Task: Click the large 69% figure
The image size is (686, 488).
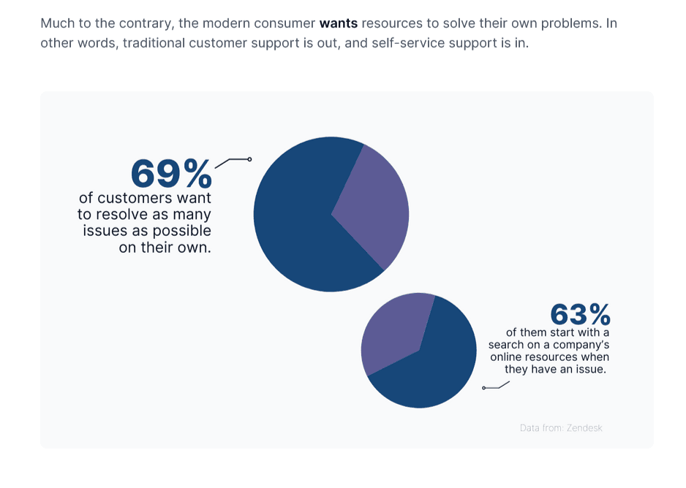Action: pos(171,174)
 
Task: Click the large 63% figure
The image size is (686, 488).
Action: pos(580,315)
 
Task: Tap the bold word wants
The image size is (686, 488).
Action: pos(338,23)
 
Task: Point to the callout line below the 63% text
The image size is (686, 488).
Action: pos(496,386)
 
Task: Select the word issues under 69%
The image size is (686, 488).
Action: pos(102,231)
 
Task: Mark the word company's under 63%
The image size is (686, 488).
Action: pos(580,345)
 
